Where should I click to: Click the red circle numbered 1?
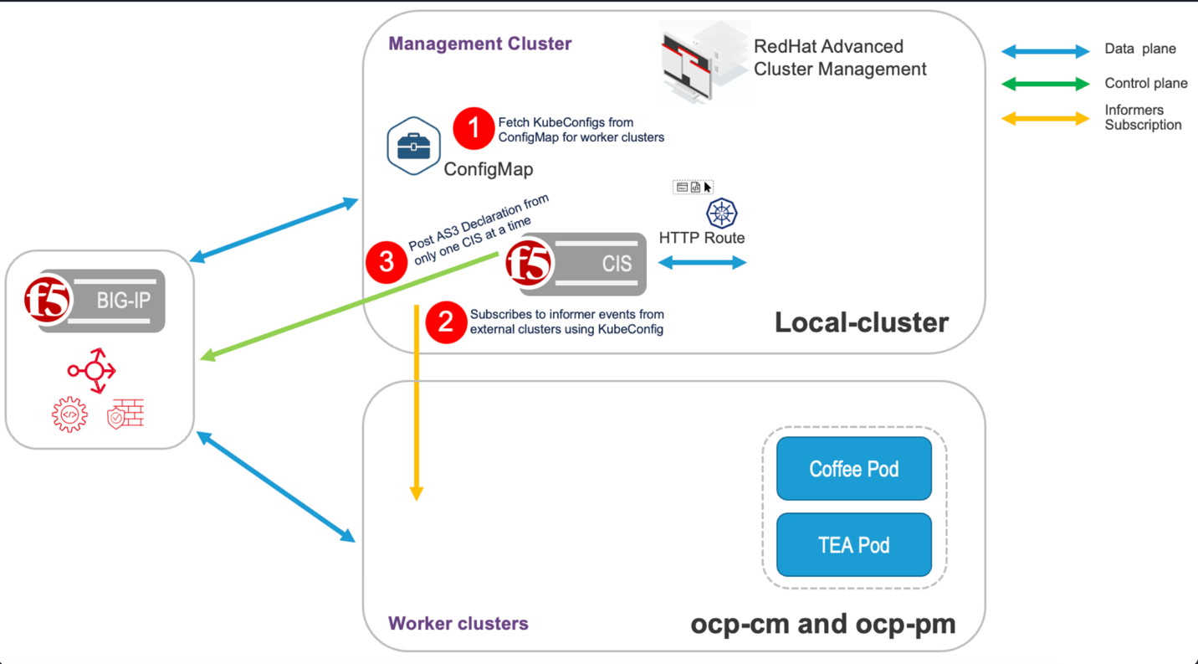(474, 129)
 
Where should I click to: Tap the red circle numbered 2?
(446, 322)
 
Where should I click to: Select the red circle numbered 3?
(387, 262)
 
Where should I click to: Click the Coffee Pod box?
(853, 469)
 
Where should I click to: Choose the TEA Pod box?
(853, 545)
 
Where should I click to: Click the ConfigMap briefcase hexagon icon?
(414, 147)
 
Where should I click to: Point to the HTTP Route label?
(701, 238)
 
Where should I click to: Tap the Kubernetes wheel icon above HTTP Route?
(721, 213)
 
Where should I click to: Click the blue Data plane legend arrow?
(1046, 52)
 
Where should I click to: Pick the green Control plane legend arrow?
(1046, 84)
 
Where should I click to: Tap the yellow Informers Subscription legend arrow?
(1046, 119)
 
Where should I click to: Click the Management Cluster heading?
(479, 44)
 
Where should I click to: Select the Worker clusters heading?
(458, 624)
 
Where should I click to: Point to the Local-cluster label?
(861, 322)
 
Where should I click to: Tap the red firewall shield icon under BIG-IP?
(126, 414)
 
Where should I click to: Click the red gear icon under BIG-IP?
(69, 414)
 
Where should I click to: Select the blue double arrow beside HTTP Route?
(703, 263)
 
